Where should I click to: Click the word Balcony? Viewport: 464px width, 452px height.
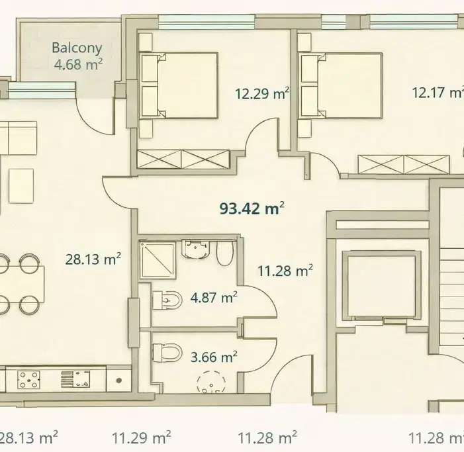pos(77,48)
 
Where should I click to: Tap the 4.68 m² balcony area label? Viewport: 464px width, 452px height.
pos(78,64)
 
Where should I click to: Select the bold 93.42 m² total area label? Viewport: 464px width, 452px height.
pos(252,208)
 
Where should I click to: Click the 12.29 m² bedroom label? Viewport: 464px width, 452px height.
pos(262,93)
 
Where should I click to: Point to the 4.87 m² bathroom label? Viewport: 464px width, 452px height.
pos(214,297)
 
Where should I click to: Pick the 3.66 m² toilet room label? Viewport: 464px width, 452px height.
pos(214,357)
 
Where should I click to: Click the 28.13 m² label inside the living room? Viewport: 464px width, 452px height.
pos(93,259)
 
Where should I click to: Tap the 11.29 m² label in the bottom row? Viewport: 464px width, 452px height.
pos(142,437)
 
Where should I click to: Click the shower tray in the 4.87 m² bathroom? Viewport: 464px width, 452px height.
pos(158,259)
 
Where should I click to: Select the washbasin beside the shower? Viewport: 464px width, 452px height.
pos(196,249)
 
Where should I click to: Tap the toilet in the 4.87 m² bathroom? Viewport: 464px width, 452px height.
pos(167,300)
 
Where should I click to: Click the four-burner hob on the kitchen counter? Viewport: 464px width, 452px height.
pos(28,380)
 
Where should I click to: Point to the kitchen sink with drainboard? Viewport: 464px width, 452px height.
pos(75,379)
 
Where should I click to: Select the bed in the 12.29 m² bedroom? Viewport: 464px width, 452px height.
pos(179,86)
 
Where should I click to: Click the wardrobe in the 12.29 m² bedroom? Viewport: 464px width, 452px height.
pos(183,159)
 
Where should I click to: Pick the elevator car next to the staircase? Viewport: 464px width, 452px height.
pos(381,285)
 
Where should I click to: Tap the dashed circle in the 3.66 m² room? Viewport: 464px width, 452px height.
pos(211,382)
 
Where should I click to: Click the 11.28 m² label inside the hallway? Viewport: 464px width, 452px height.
pos(285,271)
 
